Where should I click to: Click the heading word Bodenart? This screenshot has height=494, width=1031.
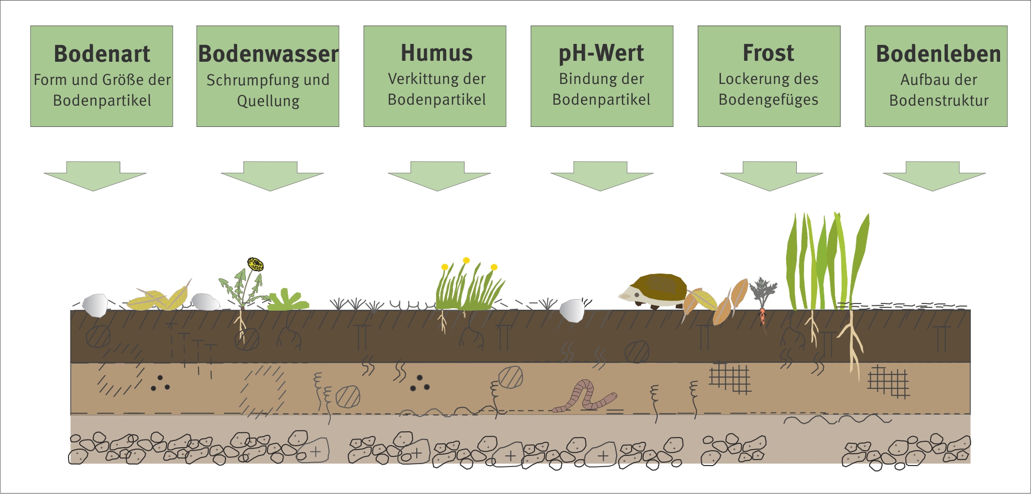102,54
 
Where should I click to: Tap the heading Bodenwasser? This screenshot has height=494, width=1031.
268,54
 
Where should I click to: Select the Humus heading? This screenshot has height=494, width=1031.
437,53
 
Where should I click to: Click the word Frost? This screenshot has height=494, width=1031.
768,53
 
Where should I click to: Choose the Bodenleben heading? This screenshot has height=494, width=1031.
938,54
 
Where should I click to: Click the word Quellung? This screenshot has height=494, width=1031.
268,101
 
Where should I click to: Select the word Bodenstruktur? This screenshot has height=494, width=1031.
939,100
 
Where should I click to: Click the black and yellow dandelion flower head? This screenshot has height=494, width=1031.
255,264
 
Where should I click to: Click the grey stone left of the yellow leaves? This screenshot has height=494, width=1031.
95,305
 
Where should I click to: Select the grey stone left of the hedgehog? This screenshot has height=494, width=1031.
572,310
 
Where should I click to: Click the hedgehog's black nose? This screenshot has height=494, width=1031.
621,295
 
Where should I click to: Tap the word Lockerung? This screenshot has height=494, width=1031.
747,79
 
